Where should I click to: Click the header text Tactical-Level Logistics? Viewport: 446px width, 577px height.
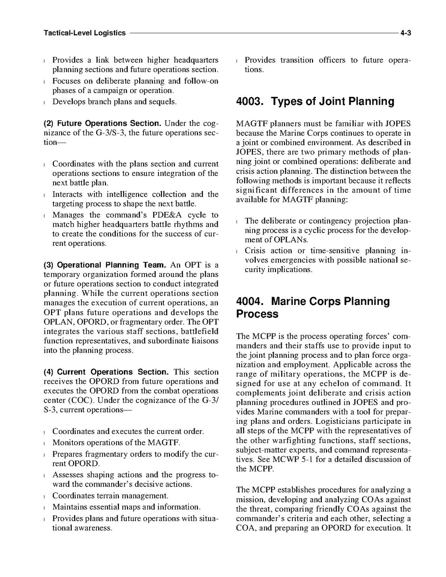click(x=84, y=33)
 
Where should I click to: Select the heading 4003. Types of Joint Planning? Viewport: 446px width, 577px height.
click(x=315, y=102)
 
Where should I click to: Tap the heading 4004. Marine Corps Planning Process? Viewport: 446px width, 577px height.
click(x=313, y=308)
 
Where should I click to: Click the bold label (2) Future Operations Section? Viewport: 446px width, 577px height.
click(x=103, y=123)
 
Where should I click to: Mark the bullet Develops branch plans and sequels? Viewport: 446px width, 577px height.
click(x=114, y=102)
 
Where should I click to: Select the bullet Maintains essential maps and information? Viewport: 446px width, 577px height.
click(x=126, y=507)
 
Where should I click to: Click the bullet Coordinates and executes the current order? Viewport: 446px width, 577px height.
click(x=128, y=432)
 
